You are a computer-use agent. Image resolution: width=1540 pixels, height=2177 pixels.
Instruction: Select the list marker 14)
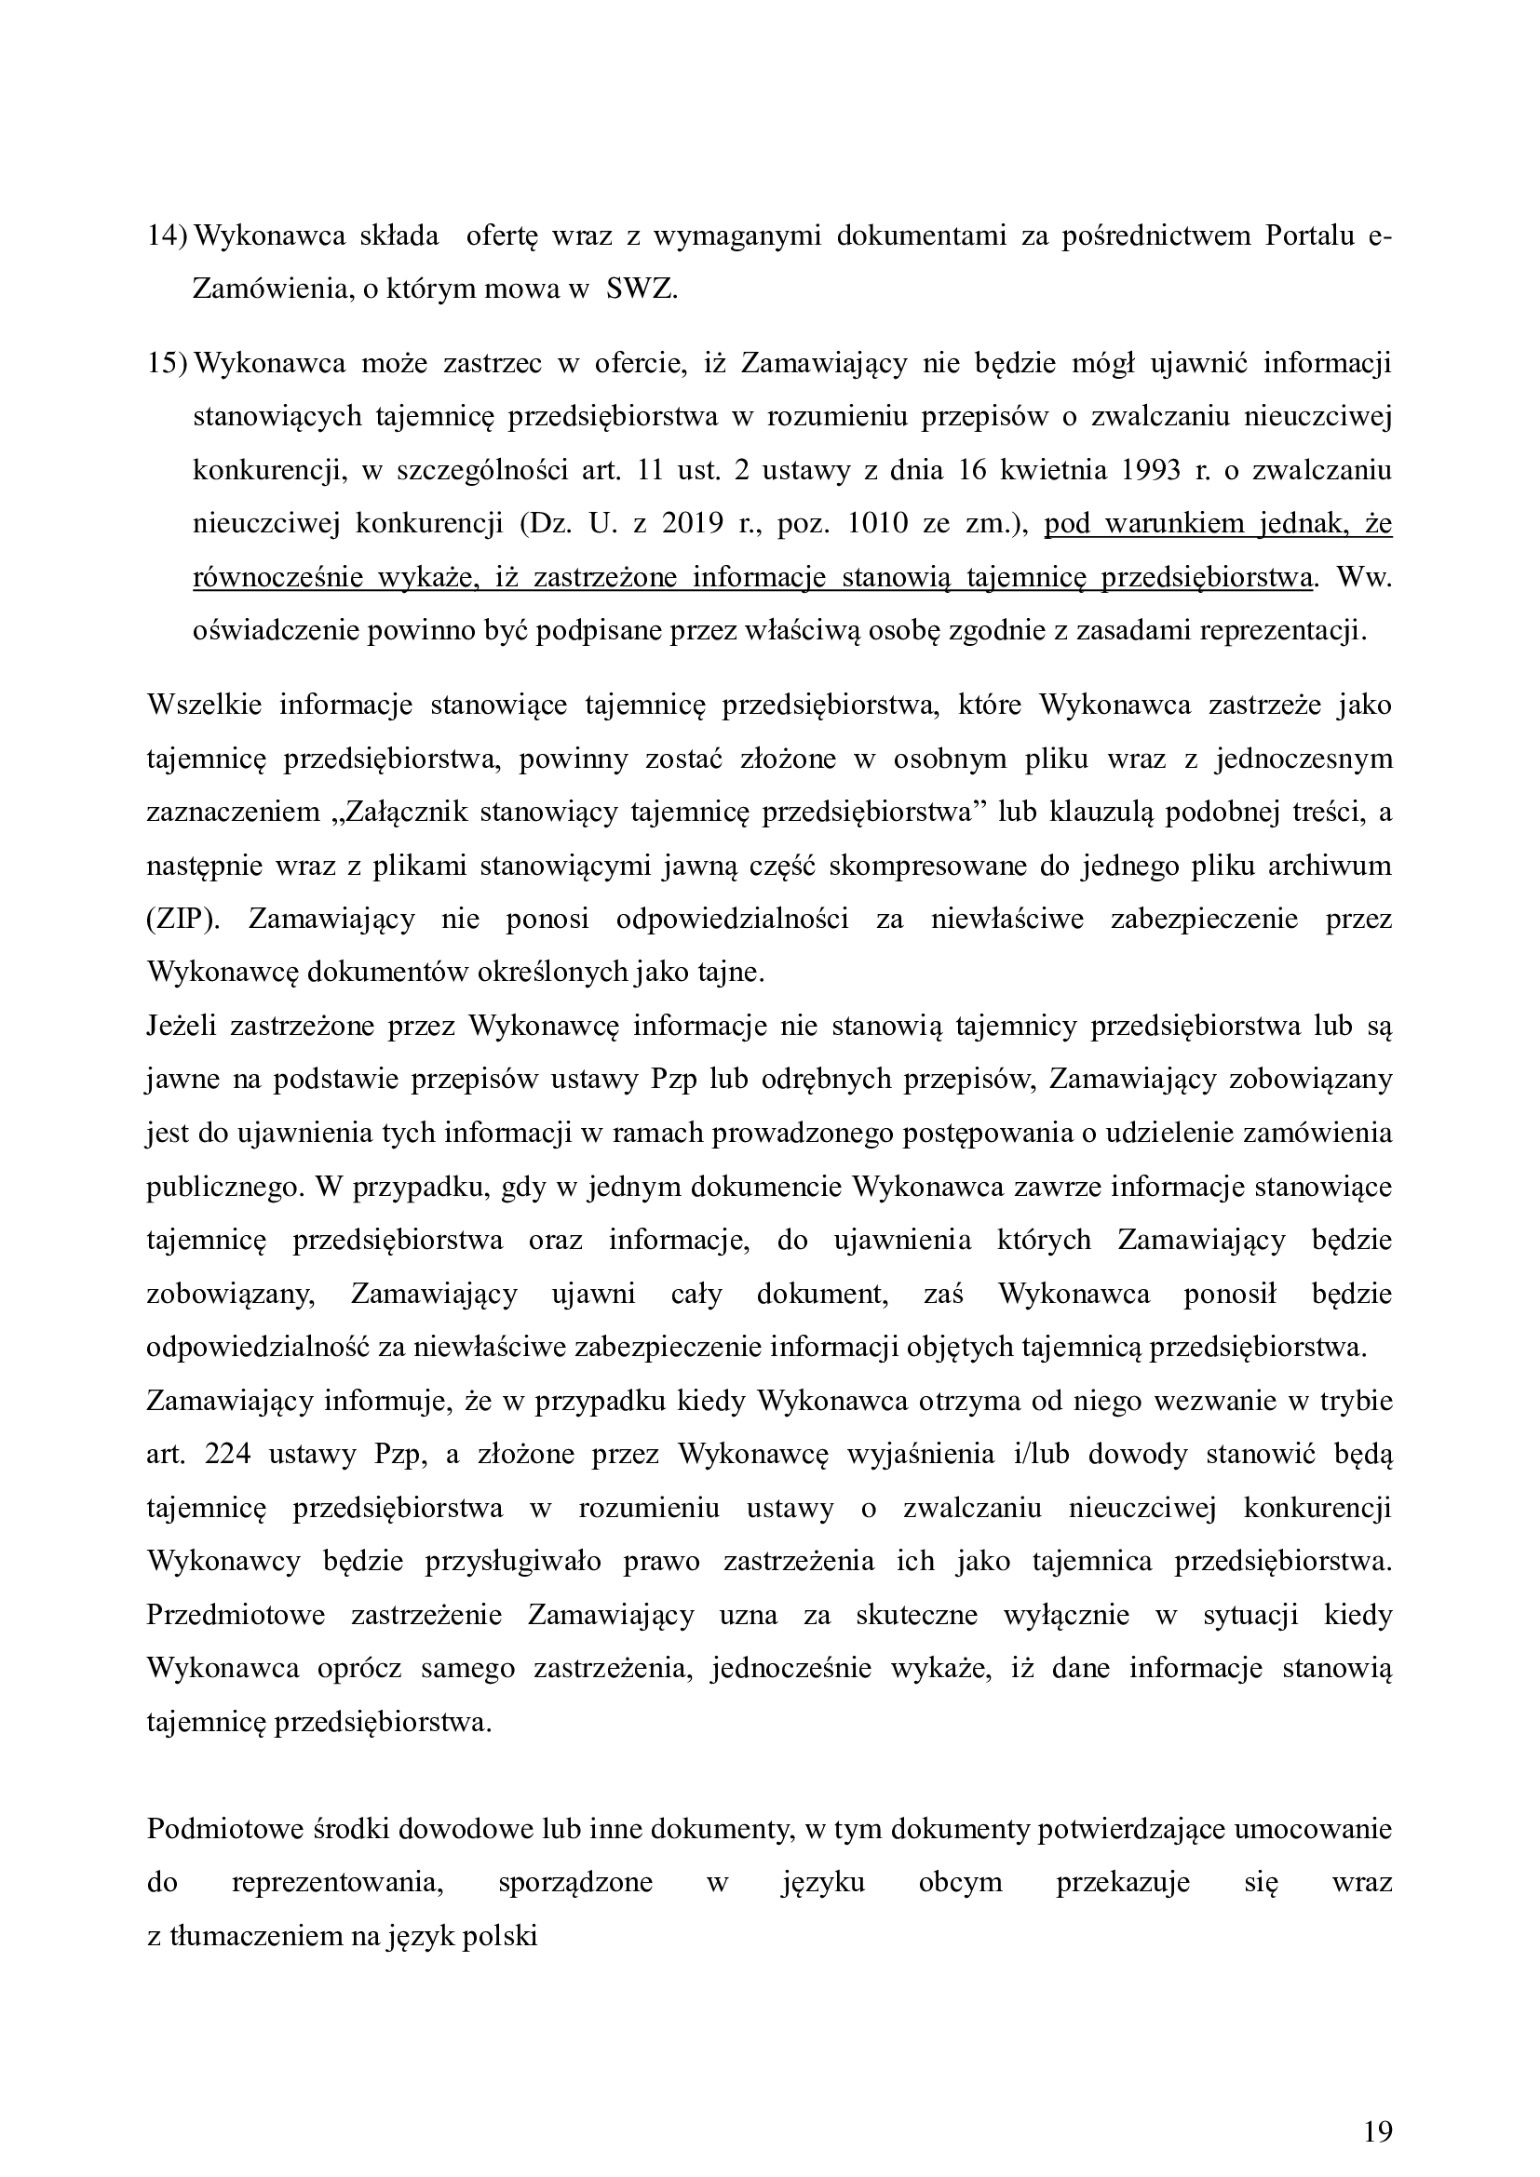click(167, 236)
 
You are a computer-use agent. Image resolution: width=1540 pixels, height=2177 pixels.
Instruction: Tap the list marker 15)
click(167, 363)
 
